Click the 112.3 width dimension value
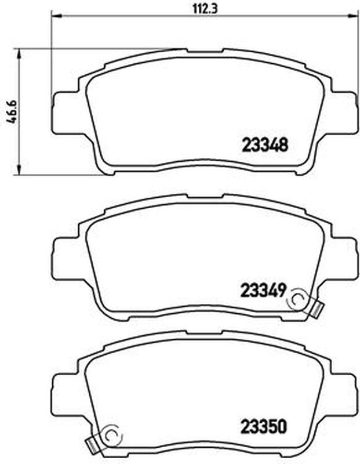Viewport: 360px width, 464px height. click(x=205, y=9)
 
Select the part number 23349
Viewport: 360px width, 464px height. click(x=263, y=291)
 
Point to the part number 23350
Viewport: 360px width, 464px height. click(x=264, y=427)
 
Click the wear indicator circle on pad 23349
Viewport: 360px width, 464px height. click(x=298, y=300)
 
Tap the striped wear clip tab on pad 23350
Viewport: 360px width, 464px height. click(x=93, y=444)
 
